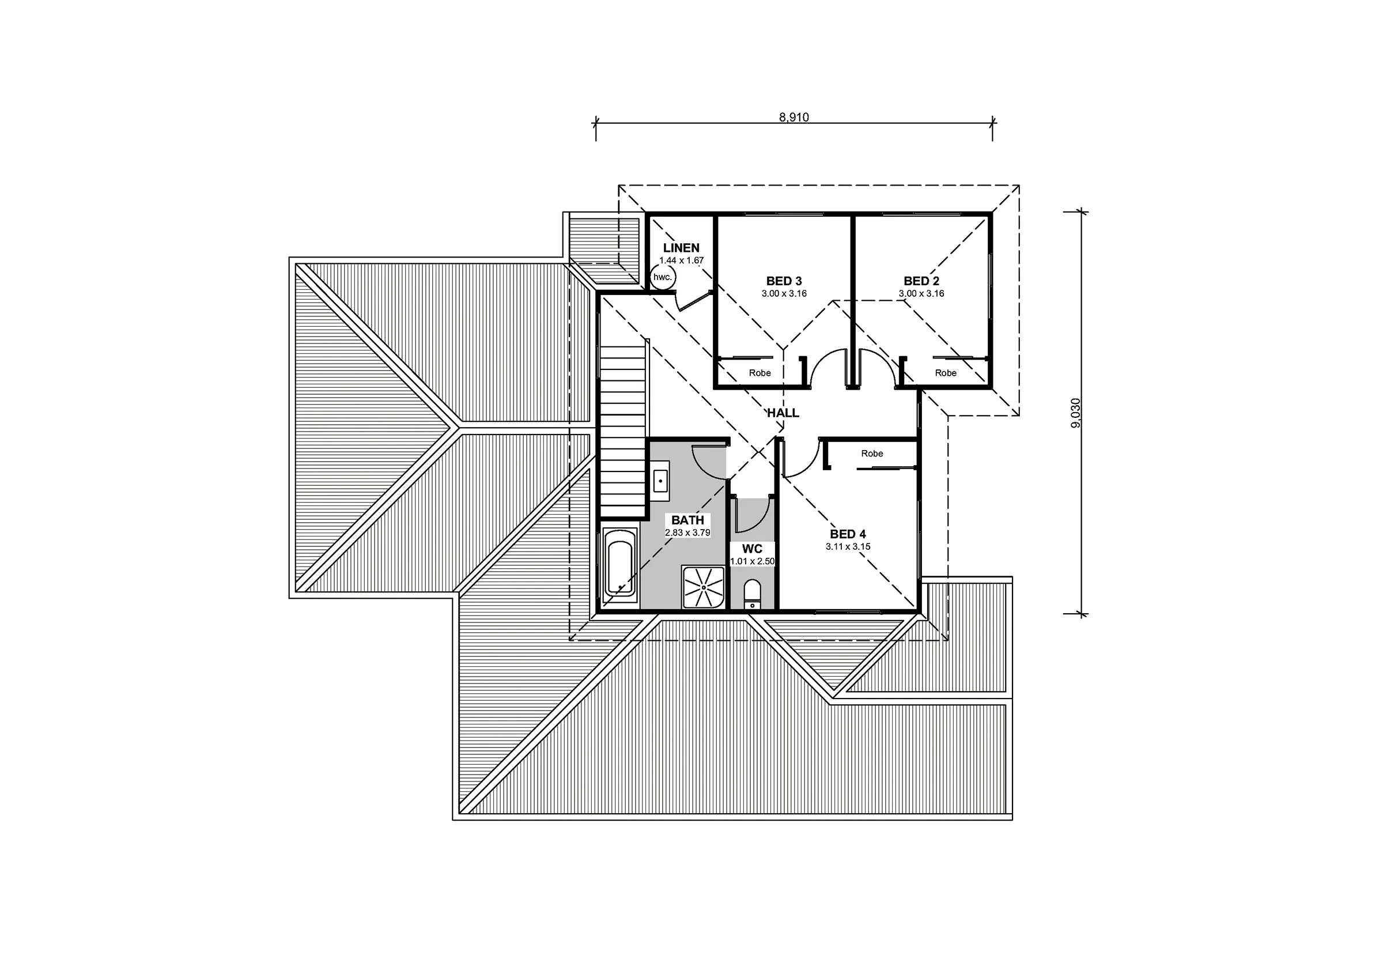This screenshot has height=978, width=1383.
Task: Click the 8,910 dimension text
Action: pos(794,118)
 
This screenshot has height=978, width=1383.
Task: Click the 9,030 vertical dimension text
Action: pos(1076,413)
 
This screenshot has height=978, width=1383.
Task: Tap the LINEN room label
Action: pos(681,248)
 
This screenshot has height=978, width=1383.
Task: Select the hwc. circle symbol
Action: pos(663,277)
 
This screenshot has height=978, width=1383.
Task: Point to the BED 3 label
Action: pos(784,281)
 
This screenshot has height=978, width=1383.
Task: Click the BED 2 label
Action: pos(921,281)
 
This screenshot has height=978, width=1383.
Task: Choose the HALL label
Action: pos(783,413)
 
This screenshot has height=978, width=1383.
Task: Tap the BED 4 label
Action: pos(848,534)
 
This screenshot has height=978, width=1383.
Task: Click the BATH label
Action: pos(687,520)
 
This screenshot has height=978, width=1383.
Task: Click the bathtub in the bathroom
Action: pos(620,563)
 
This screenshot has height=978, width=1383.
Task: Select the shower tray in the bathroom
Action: pos(703,587)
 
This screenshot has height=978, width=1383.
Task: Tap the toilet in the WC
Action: pos(753,595)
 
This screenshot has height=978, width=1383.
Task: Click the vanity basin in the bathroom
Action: pos(661,481)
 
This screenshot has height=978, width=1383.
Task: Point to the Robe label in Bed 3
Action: pos(759,373)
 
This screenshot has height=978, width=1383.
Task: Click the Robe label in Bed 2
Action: pos(946,373)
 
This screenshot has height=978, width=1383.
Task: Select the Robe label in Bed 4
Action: pos(872,454)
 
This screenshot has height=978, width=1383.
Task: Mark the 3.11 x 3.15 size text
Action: pos(848,546)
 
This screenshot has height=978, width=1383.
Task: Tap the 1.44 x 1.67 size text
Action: pos(681,260)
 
